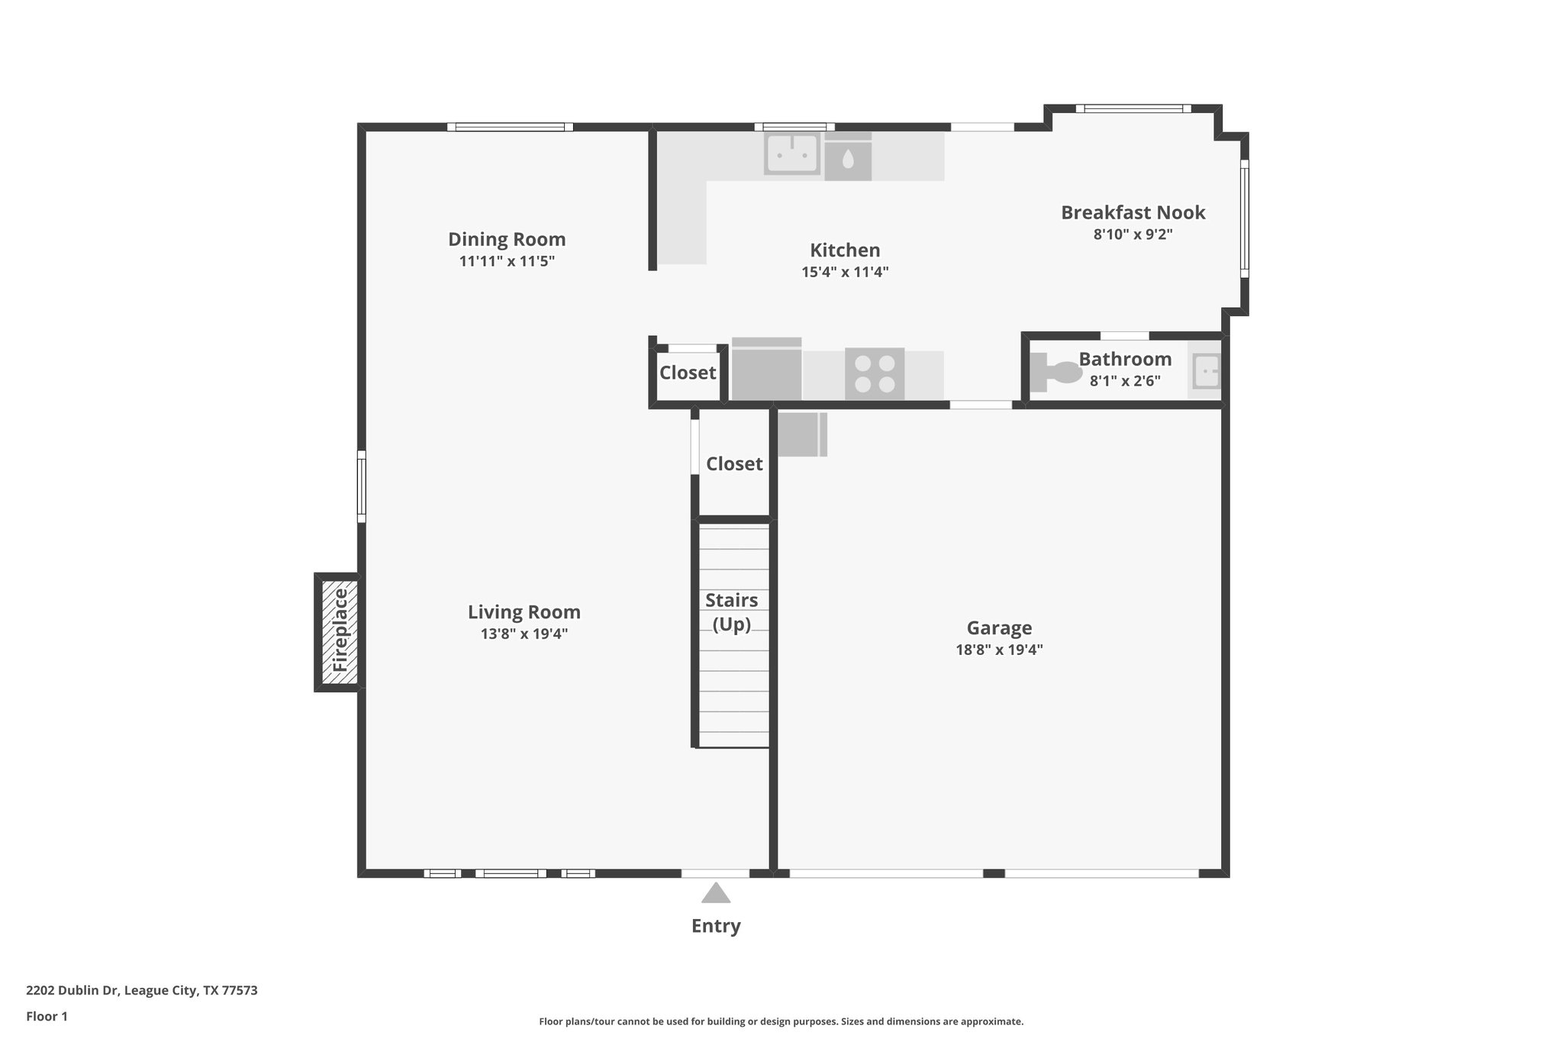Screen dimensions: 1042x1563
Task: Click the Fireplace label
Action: click(340, 631)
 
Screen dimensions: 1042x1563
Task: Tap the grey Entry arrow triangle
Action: click(715, 893)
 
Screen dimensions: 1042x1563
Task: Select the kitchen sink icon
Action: click(792, 154)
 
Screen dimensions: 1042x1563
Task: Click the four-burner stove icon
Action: click(875, 374)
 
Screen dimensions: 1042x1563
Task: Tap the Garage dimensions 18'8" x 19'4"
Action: click(999, 650)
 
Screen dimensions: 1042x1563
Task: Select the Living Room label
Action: click(524, 612)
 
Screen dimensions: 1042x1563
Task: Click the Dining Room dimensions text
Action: click(507, 261)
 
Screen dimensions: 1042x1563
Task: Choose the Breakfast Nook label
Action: click(1133, 213)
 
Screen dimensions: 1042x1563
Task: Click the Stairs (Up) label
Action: click(732, 611)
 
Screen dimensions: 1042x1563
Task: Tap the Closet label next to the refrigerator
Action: click(688, 373)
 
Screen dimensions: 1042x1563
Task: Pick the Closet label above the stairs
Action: click(734, 463)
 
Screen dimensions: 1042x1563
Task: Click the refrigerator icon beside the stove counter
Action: click(766, 372)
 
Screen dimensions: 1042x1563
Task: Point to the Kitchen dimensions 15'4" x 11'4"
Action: click(845, 272)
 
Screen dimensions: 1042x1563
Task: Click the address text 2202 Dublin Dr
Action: click(73, 991)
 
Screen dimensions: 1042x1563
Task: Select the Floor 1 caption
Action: click(47, 1017)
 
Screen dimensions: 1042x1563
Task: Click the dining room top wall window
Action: click(510, 127)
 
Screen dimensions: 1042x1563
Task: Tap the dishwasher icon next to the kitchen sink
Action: click(847, 158)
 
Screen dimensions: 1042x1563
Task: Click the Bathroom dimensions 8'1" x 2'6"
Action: click(1125, 381)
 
